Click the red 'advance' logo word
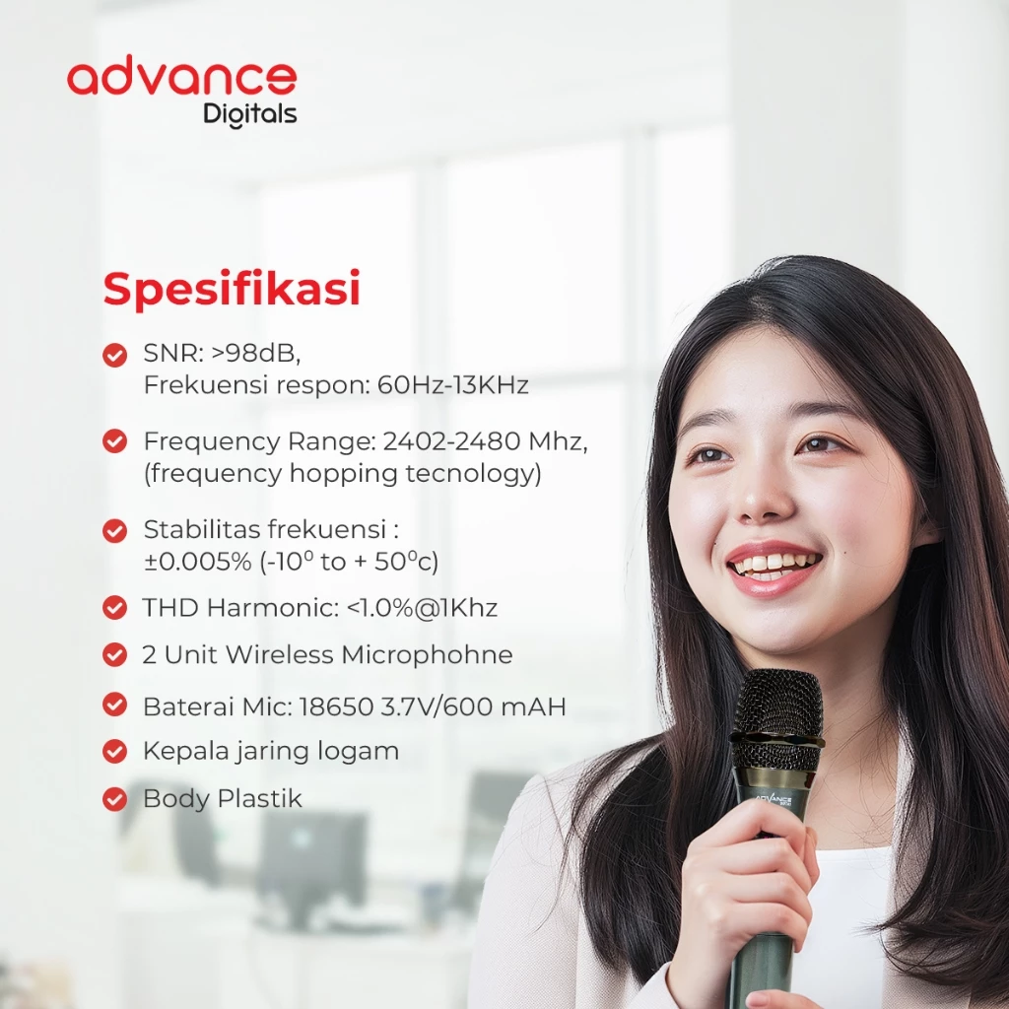[181, 79]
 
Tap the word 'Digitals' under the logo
[249, 114]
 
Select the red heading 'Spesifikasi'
[232, 290]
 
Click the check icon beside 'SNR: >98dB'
[115, 354]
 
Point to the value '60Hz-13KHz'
[452, 385]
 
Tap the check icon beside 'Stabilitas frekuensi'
[115, 530]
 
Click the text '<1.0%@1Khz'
[422, 608]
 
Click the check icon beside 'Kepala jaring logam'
[115, 751]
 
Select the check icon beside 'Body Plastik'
[115, 798]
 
